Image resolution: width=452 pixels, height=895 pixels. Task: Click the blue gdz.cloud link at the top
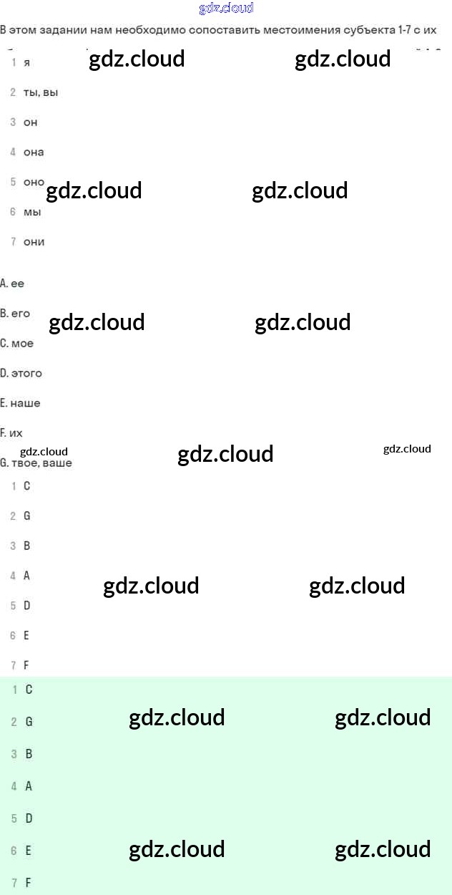(x=225, y=9)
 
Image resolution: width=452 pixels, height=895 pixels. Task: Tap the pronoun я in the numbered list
(x=27, y=63)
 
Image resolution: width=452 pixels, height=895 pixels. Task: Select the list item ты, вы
(x=40, y=93)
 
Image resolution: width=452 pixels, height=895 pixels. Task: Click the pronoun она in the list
(x=34, y=153)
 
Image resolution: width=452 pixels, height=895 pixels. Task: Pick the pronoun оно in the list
(x=34, y=182)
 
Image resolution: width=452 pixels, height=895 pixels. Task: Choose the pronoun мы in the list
(x=32, y=213)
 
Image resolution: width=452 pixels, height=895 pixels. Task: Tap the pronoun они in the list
(x=34, y=242)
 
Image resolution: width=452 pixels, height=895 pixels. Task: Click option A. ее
(x=13, y=284)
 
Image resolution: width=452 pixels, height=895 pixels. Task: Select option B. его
(x=16, y=314)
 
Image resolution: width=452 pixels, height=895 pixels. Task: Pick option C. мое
(x=17, y=344)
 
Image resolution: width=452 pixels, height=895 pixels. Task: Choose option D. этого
(x=21, y=374)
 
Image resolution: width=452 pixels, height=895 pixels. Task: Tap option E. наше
(x=21, y=404)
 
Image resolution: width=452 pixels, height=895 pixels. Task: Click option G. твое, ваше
(x=36, y=463)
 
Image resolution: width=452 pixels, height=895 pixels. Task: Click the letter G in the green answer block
(x=29, y=722)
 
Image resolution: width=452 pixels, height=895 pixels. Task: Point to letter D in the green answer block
(x=29, y=818)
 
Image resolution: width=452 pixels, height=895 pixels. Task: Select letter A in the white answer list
(x=27, y=576)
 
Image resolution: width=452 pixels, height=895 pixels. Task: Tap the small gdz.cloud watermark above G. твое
(x=44, y=451)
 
